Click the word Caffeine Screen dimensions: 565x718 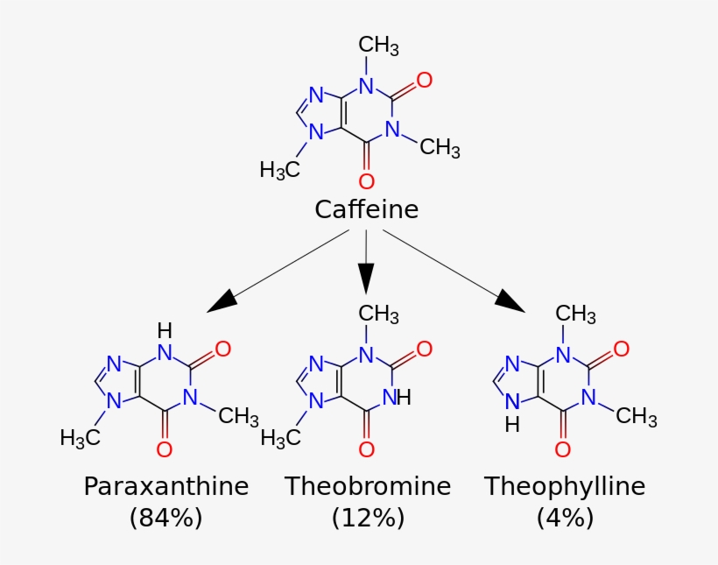(x=366, y=210)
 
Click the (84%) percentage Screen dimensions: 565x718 (x=165, y=518)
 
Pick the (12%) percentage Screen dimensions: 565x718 (x=368, y=518)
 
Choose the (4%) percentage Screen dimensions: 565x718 (x=565, y=518)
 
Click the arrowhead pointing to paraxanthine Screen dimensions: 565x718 (x=222, y=300)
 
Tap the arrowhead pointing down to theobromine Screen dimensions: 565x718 (x=367, y=279)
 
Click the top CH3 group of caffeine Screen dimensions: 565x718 (x=379, y=46)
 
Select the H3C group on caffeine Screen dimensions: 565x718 (x=279, y=170)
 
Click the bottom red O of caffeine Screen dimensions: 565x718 (x=367, y=181)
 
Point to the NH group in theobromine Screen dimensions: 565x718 (x=397, y=397)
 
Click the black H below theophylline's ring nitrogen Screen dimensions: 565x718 (x=512, y=425)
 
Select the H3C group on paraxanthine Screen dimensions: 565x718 (x=79, y=437)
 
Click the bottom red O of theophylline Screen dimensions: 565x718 (x=563, y=449)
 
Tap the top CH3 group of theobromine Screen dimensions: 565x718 (x=379, y=314)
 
